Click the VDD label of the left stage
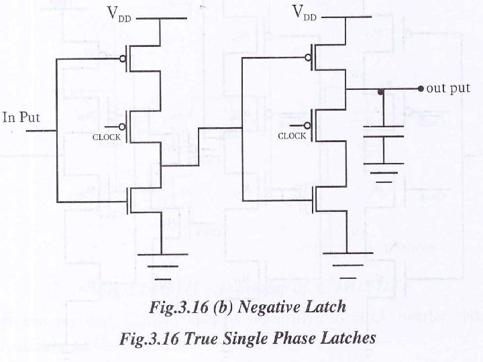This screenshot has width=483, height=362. [119, 13]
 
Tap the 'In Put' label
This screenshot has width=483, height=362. [21, 118]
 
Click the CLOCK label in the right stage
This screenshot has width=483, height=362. [292, 135]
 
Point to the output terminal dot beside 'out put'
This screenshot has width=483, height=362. [420, 88]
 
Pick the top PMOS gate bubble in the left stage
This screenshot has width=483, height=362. [122, 58]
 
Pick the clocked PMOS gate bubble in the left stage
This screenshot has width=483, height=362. [122, 125]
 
